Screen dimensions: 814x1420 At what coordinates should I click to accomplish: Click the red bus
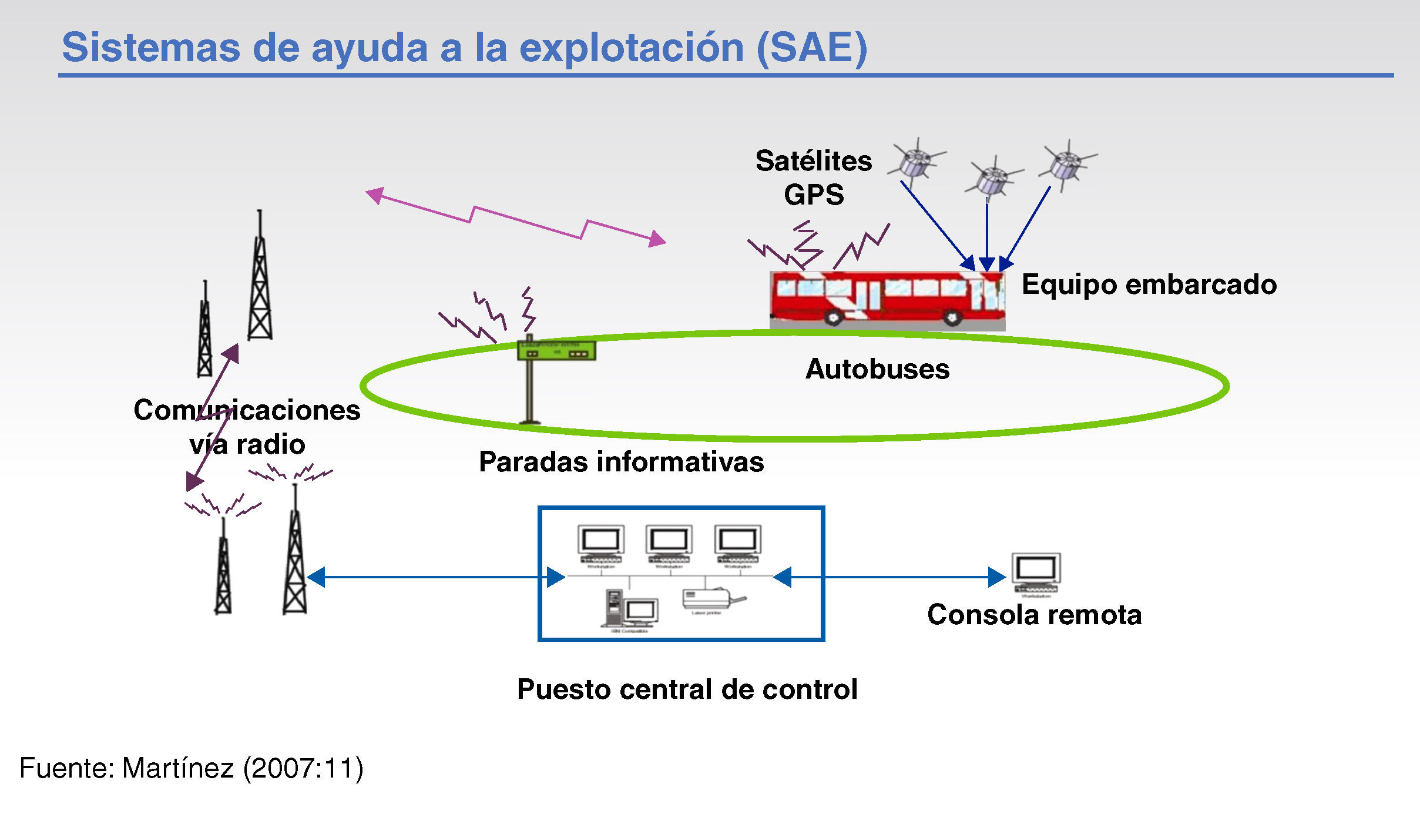[887, 299]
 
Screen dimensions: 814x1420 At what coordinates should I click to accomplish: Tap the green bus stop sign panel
[556, 350]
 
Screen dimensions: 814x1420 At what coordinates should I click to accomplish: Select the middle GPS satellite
[993, 177]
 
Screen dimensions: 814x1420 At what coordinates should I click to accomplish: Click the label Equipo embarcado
[1149, 284]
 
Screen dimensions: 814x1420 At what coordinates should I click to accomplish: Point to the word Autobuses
[877, 369]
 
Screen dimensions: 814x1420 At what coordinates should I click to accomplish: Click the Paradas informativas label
[621, 461]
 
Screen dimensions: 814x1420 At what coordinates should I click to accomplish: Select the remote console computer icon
[1036, 572]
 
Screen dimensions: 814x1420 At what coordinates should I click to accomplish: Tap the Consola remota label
[1034, 615]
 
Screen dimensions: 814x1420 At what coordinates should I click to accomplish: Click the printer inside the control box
[711, 599]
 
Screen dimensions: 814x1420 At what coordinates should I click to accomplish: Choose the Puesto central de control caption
[687, 689]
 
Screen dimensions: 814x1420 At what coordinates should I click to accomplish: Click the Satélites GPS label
[814, 177]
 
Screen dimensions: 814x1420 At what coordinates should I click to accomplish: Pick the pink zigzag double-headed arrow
[516, 217]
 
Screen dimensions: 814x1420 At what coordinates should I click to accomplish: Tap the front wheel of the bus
[952, 317]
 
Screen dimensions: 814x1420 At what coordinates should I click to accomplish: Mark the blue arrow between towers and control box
[435, 577]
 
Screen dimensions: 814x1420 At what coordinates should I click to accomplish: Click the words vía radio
[247, 444]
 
